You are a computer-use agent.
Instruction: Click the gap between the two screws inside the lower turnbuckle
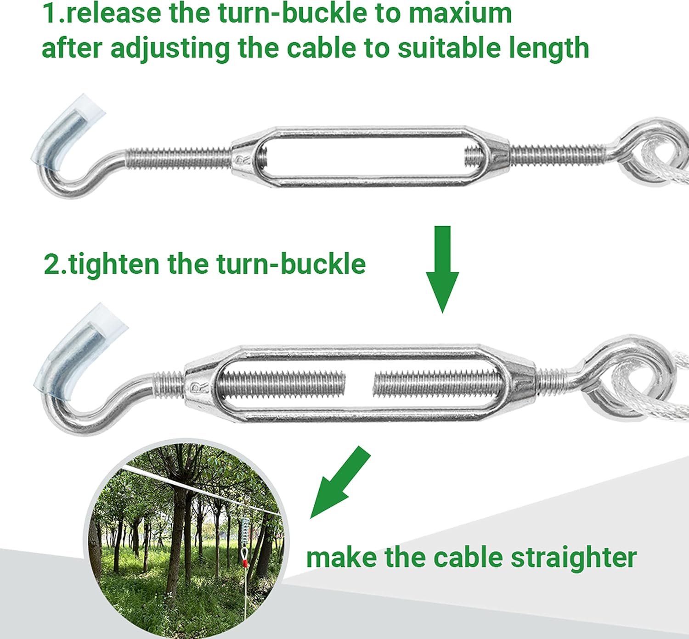coord(359,383)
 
